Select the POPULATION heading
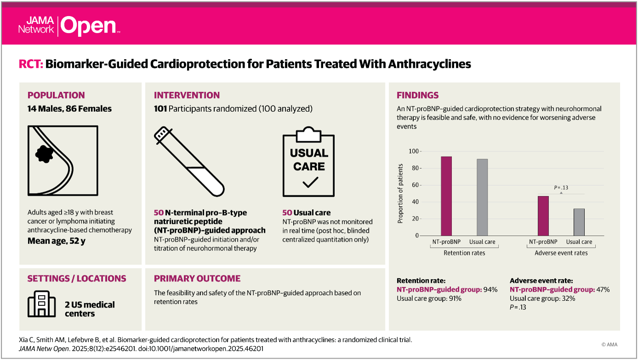point(56,95)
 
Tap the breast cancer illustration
point(63,160)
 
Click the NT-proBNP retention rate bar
point(446,196)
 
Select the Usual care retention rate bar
point(482,197)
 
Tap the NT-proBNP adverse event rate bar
point(543,216)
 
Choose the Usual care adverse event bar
point(579,222)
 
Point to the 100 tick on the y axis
point(414,151)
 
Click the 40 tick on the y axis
point(416,202)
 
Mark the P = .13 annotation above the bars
point(561,187)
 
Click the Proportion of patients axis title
point(400,193)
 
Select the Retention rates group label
point(464,253)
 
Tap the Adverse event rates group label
point(561,253)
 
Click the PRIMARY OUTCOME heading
point(197,278)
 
